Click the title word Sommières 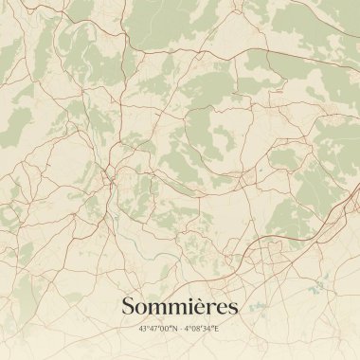point(180,306)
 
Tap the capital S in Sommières point(129,306)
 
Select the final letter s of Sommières point(233,308)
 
